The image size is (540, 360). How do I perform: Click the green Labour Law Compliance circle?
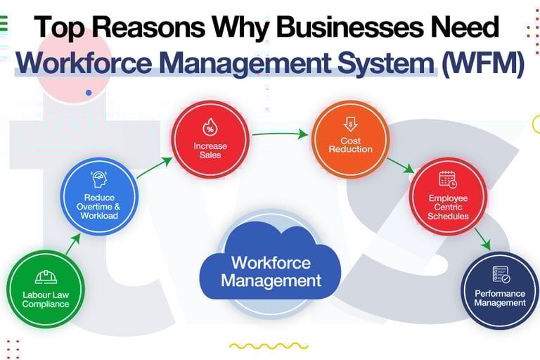pos(46,290)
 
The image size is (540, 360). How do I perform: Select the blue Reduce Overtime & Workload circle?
pos(98,196)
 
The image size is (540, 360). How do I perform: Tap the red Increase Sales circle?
pos(210,139)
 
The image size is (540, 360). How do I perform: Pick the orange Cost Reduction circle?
pos(350,139)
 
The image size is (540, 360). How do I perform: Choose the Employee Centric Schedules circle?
pos(448,197)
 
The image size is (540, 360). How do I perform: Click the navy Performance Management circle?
pos(500,290)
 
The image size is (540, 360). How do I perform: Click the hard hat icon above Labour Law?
pos(46,276)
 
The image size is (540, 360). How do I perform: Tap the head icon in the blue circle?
pos(98,179)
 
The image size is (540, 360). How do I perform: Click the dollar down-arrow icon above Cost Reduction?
pos(350,125)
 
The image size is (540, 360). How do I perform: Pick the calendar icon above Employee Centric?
pos(448,179)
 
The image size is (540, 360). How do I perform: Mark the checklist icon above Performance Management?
pos(501,274)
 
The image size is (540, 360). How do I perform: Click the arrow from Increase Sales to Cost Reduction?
pos(280,132)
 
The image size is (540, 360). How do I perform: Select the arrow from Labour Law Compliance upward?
pos(73,243)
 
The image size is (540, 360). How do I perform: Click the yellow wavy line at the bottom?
pos(269,346)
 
